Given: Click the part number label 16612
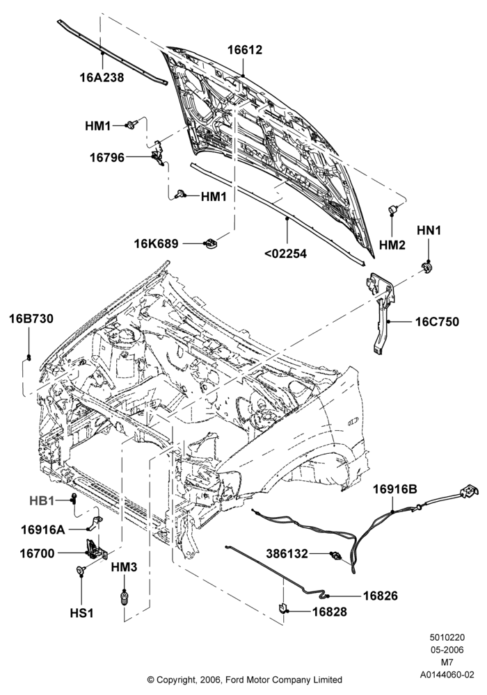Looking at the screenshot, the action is pyautogui.click(x=245, y=49).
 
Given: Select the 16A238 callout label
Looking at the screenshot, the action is pyautogui.click(x=102, y=77).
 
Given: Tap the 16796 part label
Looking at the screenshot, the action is pyautogui.click(x=107, y=157).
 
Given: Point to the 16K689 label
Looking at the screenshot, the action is pyautogui.click(x=157, y=244).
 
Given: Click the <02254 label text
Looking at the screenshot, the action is pyautogui.click(x=286, y=254).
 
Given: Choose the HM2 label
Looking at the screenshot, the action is pyautogui.click(x=392, y=245).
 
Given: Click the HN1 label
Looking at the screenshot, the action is pyautogui.click(x=429, y=231).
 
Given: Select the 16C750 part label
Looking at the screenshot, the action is pyautogui.click(x=437, y=321).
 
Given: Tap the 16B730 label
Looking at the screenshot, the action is pyautogui.click(x=31, y=319).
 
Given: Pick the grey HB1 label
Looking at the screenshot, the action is pyautogui.click(x=42, y=501).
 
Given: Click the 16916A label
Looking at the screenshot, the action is pyautogui.click(x=43, y=529).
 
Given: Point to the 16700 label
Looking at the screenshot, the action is pyautogui.click(x=38, y=553).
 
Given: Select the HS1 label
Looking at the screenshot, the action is pyautogui.click(x=81, y=613).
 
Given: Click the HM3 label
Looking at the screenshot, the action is pyautogui.click(x=125, y=567).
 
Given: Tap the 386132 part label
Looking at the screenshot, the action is pyautogui.click(x=287, y=554).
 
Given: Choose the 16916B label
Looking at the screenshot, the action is pyautogui.click(x=394, y=489).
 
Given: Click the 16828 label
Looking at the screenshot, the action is pyautogui.click(x=330, y=612).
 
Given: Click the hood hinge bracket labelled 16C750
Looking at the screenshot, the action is pyautogui.click(x=381, y=310).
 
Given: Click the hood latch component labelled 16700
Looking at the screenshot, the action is pyautogui.click(x=96, y=548).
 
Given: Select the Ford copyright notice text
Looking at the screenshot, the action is pyautogui.click(x=244, y=680).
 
